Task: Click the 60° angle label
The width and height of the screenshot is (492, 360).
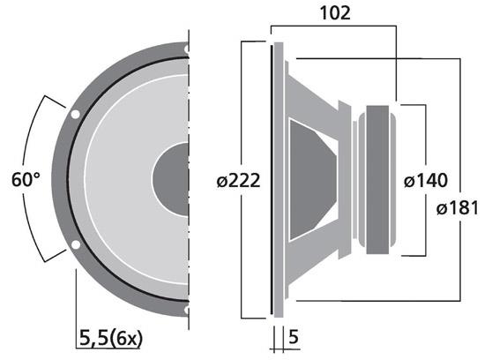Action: click(x=26, y=180)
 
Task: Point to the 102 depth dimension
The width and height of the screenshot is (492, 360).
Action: click(x=337, y=12)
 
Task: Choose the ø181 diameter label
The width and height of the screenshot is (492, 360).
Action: click(x=458, y=209)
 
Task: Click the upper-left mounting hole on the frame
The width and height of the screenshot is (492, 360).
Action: click(x=75, y=114)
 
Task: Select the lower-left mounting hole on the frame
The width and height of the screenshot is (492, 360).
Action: click(x=75, y=244)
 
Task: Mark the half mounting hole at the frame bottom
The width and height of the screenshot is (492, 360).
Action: click(x=186, y=310)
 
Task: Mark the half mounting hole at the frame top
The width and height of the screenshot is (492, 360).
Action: click(x=186, y=48)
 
